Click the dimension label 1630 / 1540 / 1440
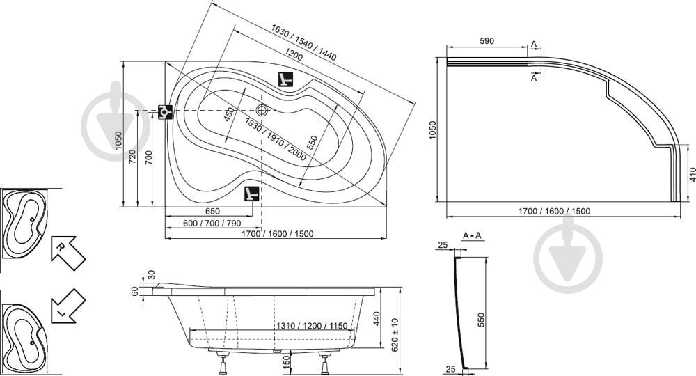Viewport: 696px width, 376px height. tap(304, 42)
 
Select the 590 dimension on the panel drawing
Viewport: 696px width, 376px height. tap(487, 41)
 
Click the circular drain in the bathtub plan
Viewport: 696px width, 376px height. tap(262, 109)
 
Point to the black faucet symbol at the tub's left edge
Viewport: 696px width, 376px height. tap(165, 111)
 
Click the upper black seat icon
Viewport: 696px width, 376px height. tap(285, 79)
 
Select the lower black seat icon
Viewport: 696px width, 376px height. tap(252, 193)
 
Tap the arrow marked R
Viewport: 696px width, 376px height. tap(68, 252)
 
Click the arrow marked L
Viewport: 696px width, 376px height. tap(68, 306)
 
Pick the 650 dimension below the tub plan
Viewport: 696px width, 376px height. tap(212, 211)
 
